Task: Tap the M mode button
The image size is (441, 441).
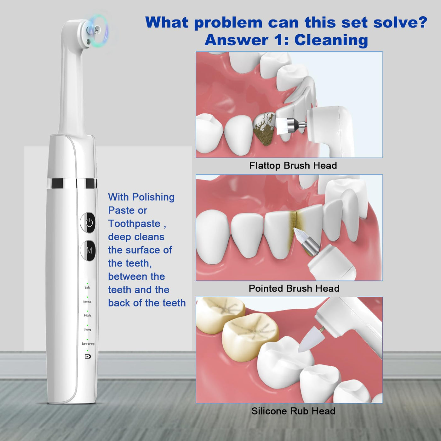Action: coord(88,251)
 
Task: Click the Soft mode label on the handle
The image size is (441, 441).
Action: coord(87,288)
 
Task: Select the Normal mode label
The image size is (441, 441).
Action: coord(87,302)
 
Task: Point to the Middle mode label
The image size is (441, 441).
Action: coord(88,316)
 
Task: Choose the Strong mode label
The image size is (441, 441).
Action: coord(88,329)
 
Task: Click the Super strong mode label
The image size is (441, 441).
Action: coord(88,344)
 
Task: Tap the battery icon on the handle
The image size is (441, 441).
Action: coord(88,356)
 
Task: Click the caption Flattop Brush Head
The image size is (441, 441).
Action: coord(293,165)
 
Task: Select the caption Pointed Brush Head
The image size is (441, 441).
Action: coord(294,288)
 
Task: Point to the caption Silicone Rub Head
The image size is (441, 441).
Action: coord(293,411)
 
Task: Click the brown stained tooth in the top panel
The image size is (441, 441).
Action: coord(265,128)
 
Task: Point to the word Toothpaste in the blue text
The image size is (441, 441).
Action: coord(134,224)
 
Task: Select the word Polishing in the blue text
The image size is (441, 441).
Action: coord(153,197)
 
